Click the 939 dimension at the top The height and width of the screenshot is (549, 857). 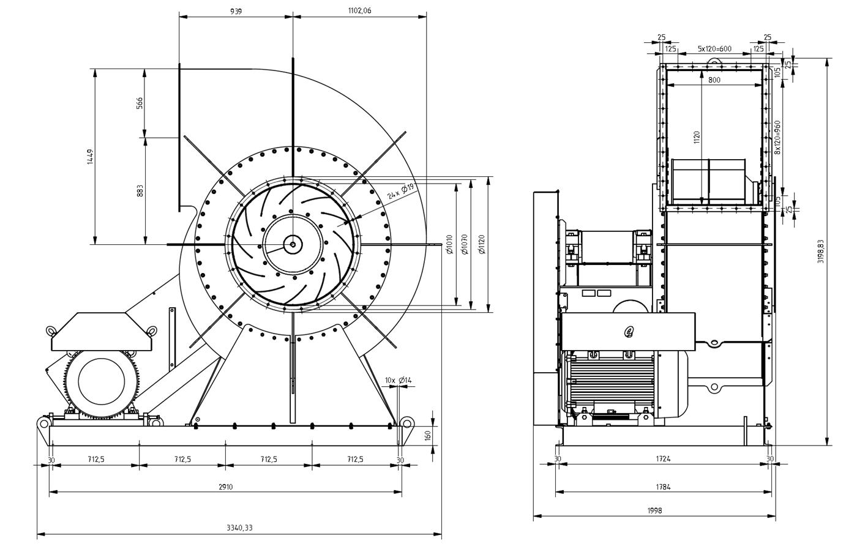click(236, 11)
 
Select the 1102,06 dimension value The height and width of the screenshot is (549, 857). click(359, 11)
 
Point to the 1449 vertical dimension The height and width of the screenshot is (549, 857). click(90, 157)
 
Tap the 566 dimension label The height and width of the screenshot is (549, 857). click(140, 103)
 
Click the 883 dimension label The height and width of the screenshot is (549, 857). click(140, 190)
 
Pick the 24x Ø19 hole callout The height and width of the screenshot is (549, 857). click(401, 192)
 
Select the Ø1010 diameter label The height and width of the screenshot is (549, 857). click(450, 245)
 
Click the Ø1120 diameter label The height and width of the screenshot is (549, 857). click(482, 245)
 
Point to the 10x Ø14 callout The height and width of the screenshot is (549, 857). click(398, 381)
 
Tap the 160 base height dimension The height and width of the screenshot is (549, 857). click(428, 435)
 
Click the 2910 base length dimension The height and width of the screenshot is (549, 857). click(225, 487)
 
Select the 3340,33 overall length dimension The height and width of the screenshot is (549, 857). click(239, 528)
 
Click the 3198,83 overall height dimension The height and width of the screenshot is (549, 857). click(821, 252)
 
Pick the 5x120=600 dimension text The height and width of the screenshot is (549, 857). click(714, 48)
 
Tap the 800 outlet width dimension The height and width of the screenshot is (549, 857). click(714, 80)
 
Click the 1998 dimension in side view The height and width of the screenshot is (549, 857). click(654, 510)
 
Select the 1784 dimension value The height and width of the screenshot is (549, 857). click(663, 487)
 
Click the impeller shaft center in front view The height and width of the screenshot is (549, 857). click(293, 245)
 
